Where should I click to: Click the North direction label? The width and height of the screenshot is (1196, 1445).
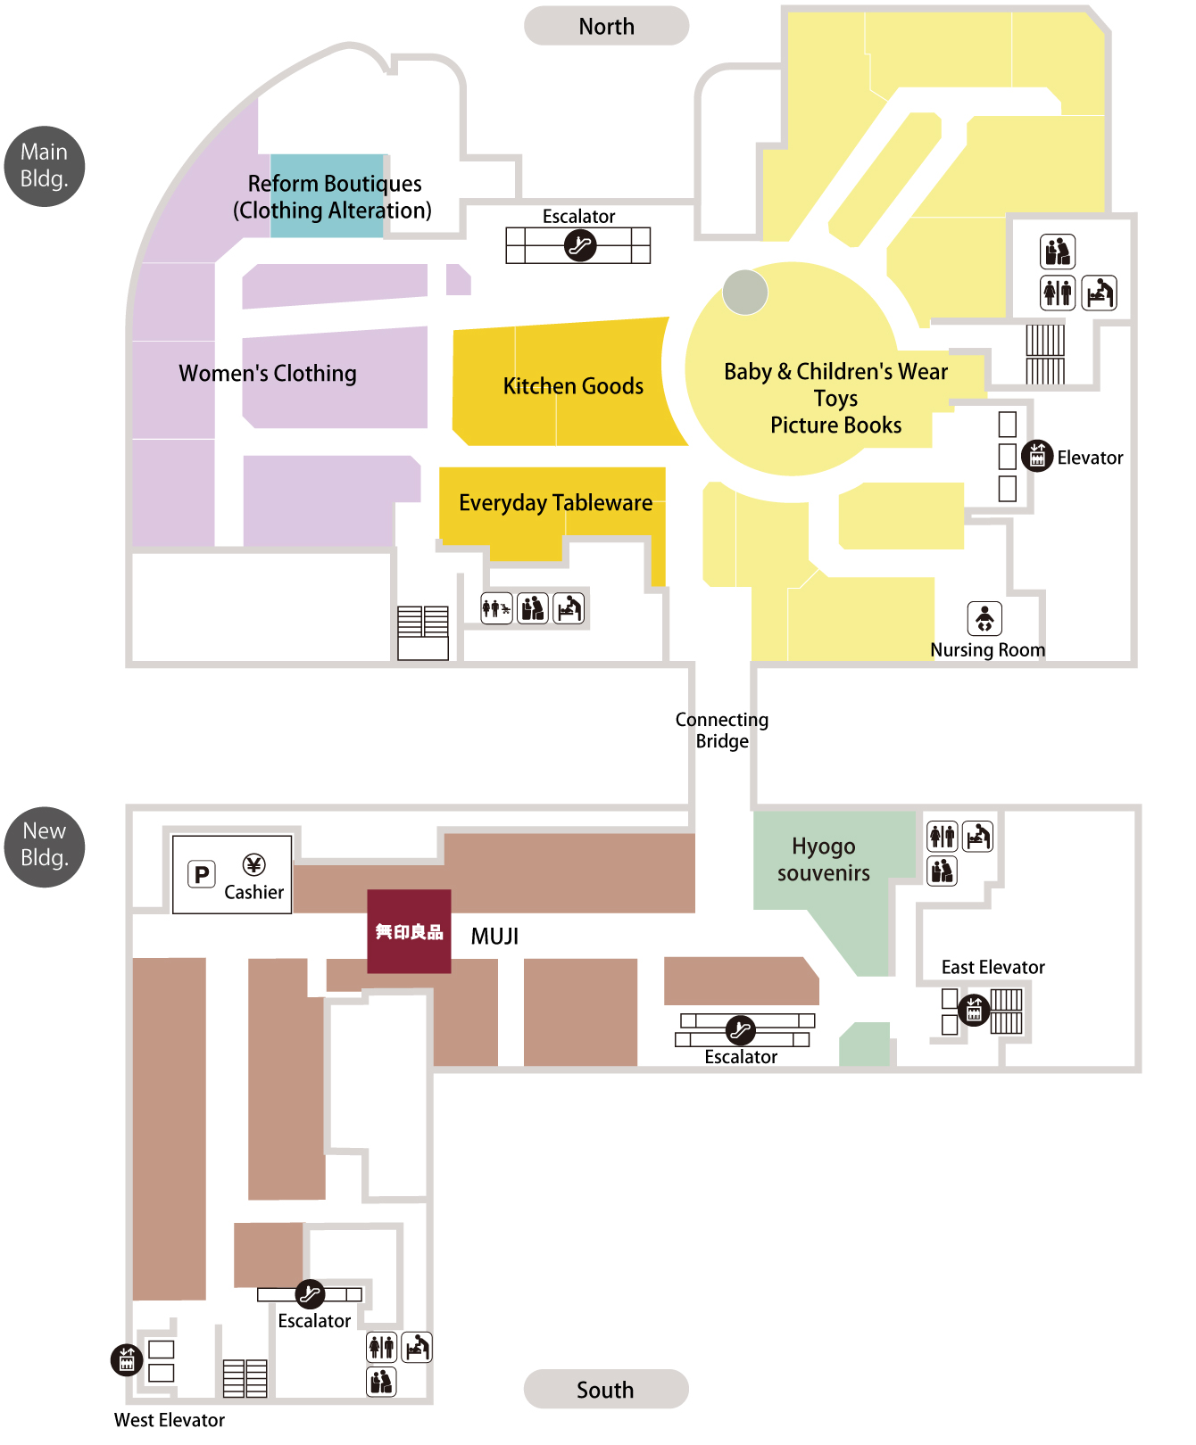click(606, 26)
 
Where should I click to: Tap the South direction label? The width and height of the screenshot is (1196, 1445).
click(606, 1389)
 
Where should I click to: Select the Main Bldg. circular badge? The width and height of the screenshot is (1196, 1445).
click(45, 166)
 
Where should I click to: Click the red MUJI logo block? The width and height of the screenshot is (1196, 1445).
click(409, 931)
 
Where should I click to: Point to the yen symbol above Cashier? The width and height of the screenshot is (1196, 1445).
click(253, 864)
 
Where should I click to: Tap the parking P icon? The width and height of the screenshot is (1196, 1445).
click(202, 874)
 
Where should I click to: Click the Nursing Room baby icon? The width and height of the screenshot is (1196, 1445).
click(984, 618)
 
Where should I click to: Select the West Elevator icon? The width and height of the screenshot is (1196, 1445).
click(127, 1359)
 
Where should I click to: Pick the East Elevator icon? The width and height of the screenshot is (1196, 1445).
click(974, 1010)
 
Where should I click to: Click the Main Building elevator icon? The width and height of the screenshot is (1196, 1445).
click(1036, 456)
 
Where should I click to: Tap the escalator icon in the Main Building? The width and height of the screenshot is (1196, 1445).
click(580, 244)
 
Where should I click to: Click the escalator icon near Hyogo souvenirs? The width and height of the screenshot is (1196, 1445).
click(740, 1030)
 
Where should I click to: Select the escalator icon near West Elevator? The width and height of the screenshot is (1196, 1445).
click(310, 1293)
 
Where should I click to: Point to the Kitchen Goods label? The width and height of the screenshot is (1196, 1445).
click(573, 386)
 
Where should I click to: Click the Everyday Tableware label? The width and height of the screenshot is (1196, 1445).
click(555, 503)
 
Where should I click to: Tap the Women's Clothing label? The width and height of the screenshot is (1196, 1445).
click(268, 373)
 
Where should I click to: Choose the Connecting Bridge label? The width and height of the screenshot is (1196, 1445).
click(722, 731)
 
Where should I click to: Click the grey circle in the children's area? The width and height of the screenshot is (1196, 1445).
click(745, 293)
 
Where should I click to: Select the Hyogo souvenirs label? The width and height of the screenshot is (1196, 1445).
click(824, 860)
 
